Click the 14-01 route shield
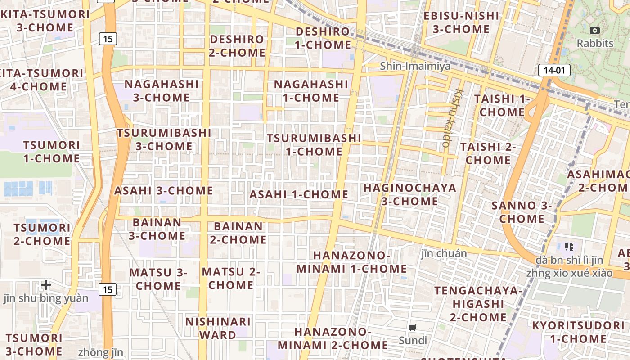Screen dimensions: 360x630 coord(554,70)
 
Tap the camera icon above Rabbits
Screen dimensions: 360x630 coord(595,31)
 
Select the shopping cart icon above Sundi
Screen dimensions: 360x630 coord(413,327)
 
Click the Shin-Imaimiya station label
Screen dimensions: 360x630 coord(415,66)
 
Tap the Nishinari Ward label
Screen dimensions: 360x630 coord(218,328)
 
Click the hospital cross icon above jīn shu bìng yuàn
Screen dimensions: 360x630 coord(46,284)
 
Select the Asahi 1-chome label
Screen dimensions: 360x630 coord(299,194)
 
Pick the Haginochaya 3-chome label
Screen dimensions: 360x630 coord(409,194)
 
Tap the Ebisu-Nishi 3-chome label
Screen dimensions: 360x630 coord(461,22)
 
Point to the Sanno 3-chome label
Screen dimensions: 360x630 coord(522,212)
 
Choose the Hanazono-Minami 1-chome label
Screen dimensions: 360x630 coord(351,262)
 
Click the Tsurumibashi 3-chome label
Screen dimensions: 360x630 coord(164,139)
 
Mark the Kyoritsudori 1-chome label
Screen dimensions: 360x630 coord(578,332)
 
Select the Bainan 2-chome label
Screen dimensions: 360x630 coord(238,233)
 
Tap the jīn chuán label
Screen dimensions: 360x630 coord(444,253)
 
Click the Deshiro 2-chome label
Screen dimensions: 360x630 coord(237,46)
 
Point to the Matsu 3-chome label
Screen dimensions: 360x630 coord(158,279)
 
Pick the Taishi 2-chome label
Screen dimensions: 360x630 coord(488,153)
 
